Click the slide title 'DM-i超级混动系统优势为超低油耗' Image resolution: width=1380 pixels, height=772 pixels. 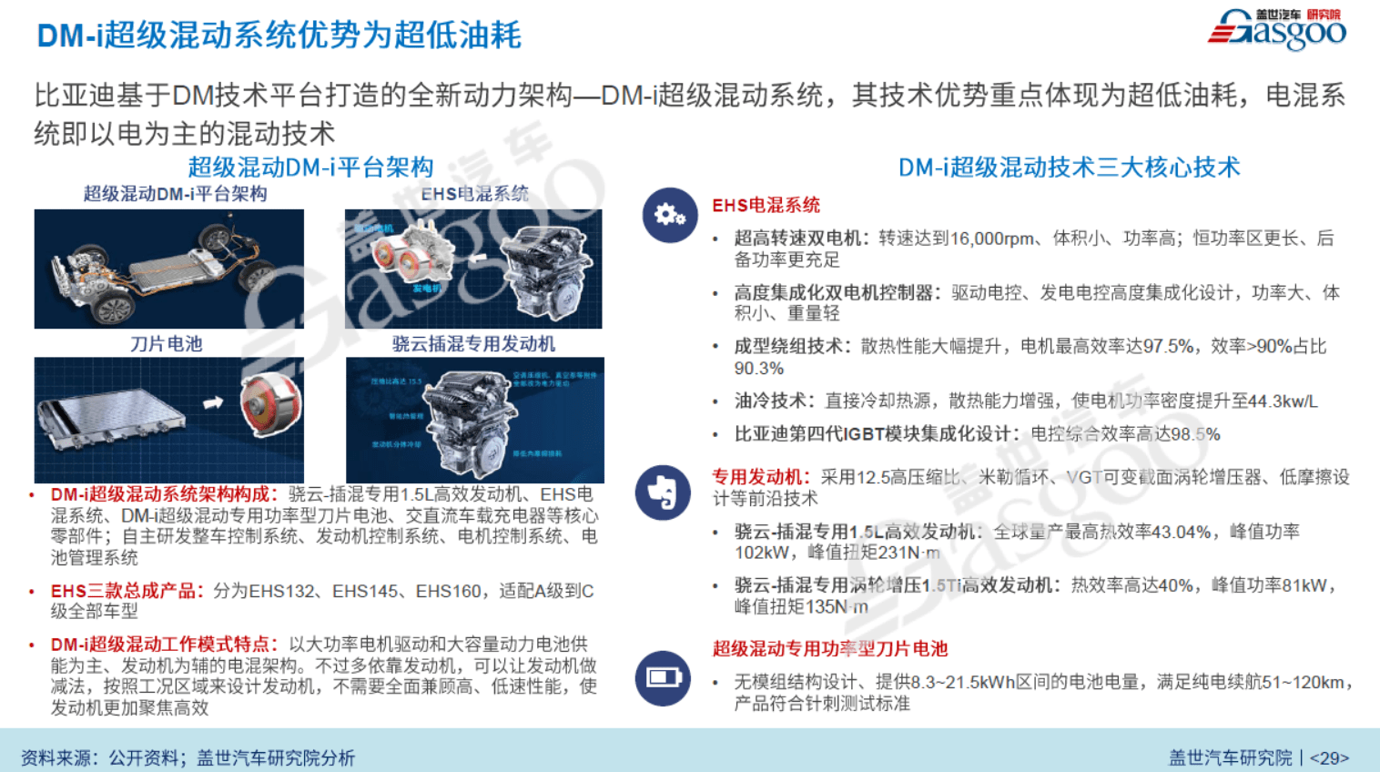(279, 36)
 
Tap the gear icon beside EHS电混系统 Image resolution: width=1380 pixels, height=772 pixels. (669, 215)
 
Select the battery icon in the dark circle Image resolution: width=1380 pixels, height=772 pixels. (663, 677)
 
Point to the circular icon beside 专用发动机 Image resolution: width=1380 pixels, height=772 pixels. (663, 493)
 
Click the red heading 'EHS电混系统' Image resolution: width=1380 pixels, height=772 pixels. (766, 205)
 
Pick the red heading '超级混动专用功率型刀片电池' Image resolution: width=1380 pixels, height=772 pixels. (829, 648)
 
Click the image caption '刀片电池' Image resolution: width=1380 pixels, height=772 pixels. (166, 343)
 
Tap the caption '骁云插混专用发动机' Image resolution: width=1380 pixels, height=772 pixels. (473, 343)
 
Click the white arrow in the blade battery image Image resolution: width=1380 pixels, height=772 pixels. (213, 401)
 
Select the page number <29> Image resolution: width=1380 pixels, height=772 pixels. (1329, 757)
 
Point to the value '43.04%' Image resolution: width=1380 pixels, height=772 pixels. (1181, 532)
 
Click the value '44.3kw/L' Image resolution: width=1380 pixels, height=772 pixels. (1283, 401)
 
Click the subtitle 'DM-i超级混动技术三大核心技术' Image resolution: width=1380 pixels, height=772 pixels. (1069, 168)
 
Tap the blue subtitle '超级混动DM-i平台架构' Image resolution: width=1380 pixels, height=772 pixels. (310, 168)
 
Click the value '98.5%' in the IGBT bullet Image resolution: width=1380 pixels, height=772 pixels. (1195, 433)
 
